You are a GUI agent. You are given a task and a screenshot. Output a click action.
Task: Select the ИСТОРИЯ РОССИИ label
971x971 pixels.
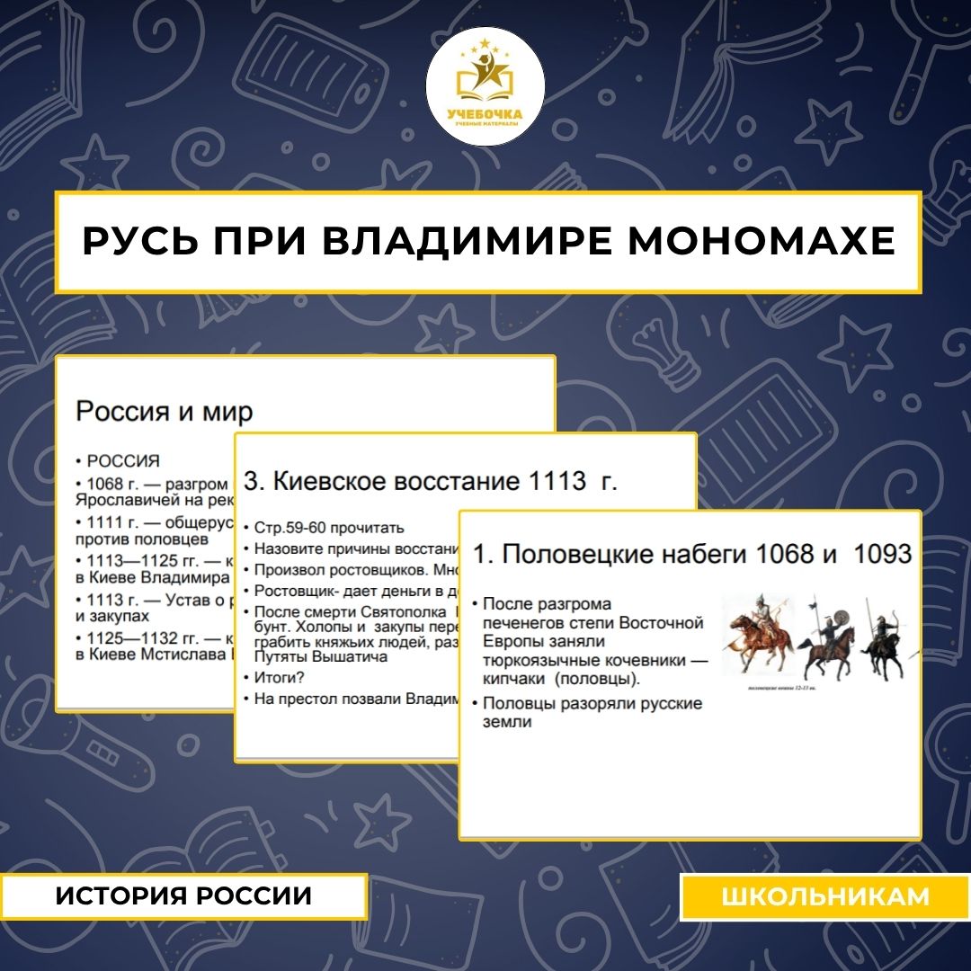click(x=184, y=896)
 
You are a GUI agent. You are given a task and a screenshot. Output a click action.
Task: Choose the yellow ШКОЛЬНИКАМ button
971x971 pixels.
click(x=825, y=896)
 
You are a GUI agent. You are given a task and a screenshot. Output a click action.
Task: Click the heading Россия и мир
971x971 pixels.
click(x=165, y=412)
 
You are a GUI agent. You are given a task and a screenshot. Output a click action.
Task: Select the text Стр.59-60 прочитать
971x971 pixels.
click(x=329, y=528)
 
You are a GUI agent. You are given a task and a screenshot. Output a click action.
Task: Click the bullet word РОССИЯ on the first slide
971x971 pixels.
click(x=123, y=461)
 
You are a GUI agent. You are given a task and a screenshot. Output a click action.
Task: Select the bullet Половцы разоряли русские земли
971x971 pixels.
click(x=591, y=711)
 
